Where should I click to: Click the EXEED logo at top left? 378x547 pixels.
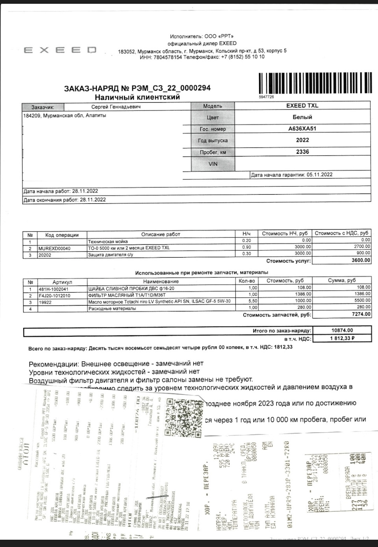(60, 50)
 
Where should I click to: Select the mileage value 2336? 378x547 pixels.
(302, 151)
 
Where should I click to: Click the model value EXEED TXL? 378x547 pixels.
(302, 105)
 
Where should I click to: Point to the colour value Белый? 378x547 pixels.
(302, 117)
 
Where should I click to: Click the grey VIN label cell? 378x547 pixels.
(213, 164)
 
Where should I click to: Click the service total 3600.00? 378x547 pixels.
(361, 260)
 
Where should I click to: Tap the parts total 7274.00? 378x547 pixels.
(361, 314)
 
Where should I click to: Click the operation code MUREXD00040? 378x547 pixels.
(55, 248)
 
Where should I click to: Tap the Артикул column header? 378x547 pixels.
(62, 282)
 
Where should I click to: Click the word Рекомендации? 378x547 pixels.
(51, 363)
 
